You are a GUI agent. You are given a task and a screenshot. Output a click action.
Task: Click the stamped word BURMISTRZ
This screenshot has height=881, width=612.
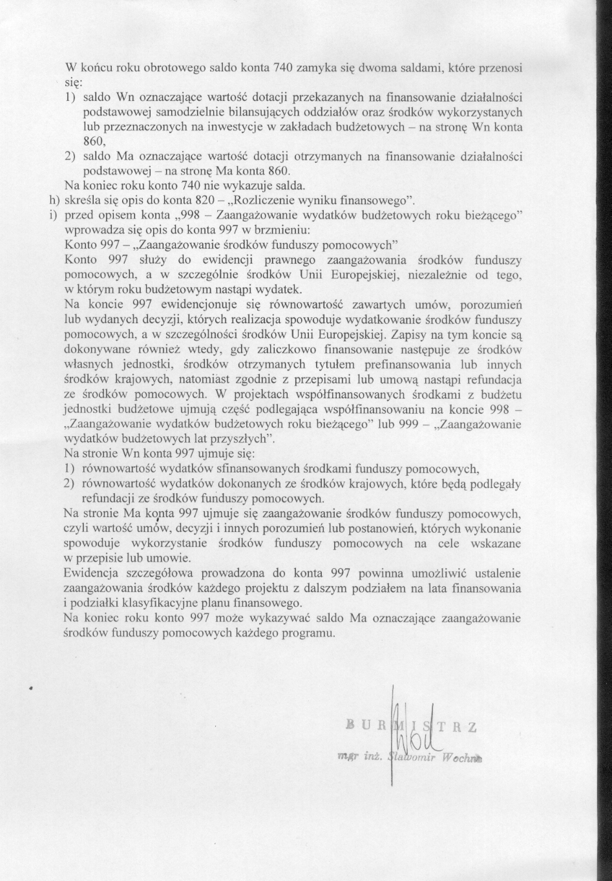tap(411, 725)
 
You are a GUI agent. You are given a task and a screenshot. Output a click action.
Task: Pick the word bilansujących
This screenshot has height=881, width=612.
tap(269, 111)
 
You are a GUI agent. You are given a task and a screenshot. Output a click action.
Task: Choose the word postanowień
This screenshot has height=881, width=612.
tap(361, 528)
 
